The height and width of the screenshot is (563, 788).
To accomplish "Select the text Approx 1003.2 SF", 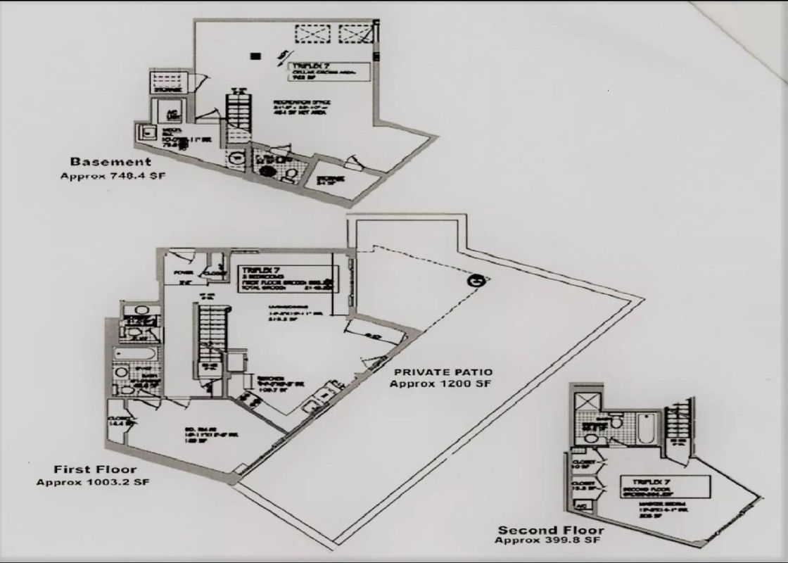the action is point(94,482).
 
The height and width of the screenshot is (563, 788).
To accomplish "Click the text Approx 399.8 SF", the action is point(548,540).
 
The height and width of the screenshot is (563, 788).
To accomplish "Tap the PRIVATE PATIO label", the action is point(443,372).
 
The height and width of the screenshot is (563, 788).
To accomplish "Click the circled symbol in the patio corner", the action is point(476,280).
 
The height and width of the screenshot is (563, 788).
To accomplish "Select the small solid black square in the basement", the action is point(256,56).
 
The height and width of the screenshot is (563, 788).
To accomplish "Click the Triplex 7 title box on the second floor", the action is point(664,486).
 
